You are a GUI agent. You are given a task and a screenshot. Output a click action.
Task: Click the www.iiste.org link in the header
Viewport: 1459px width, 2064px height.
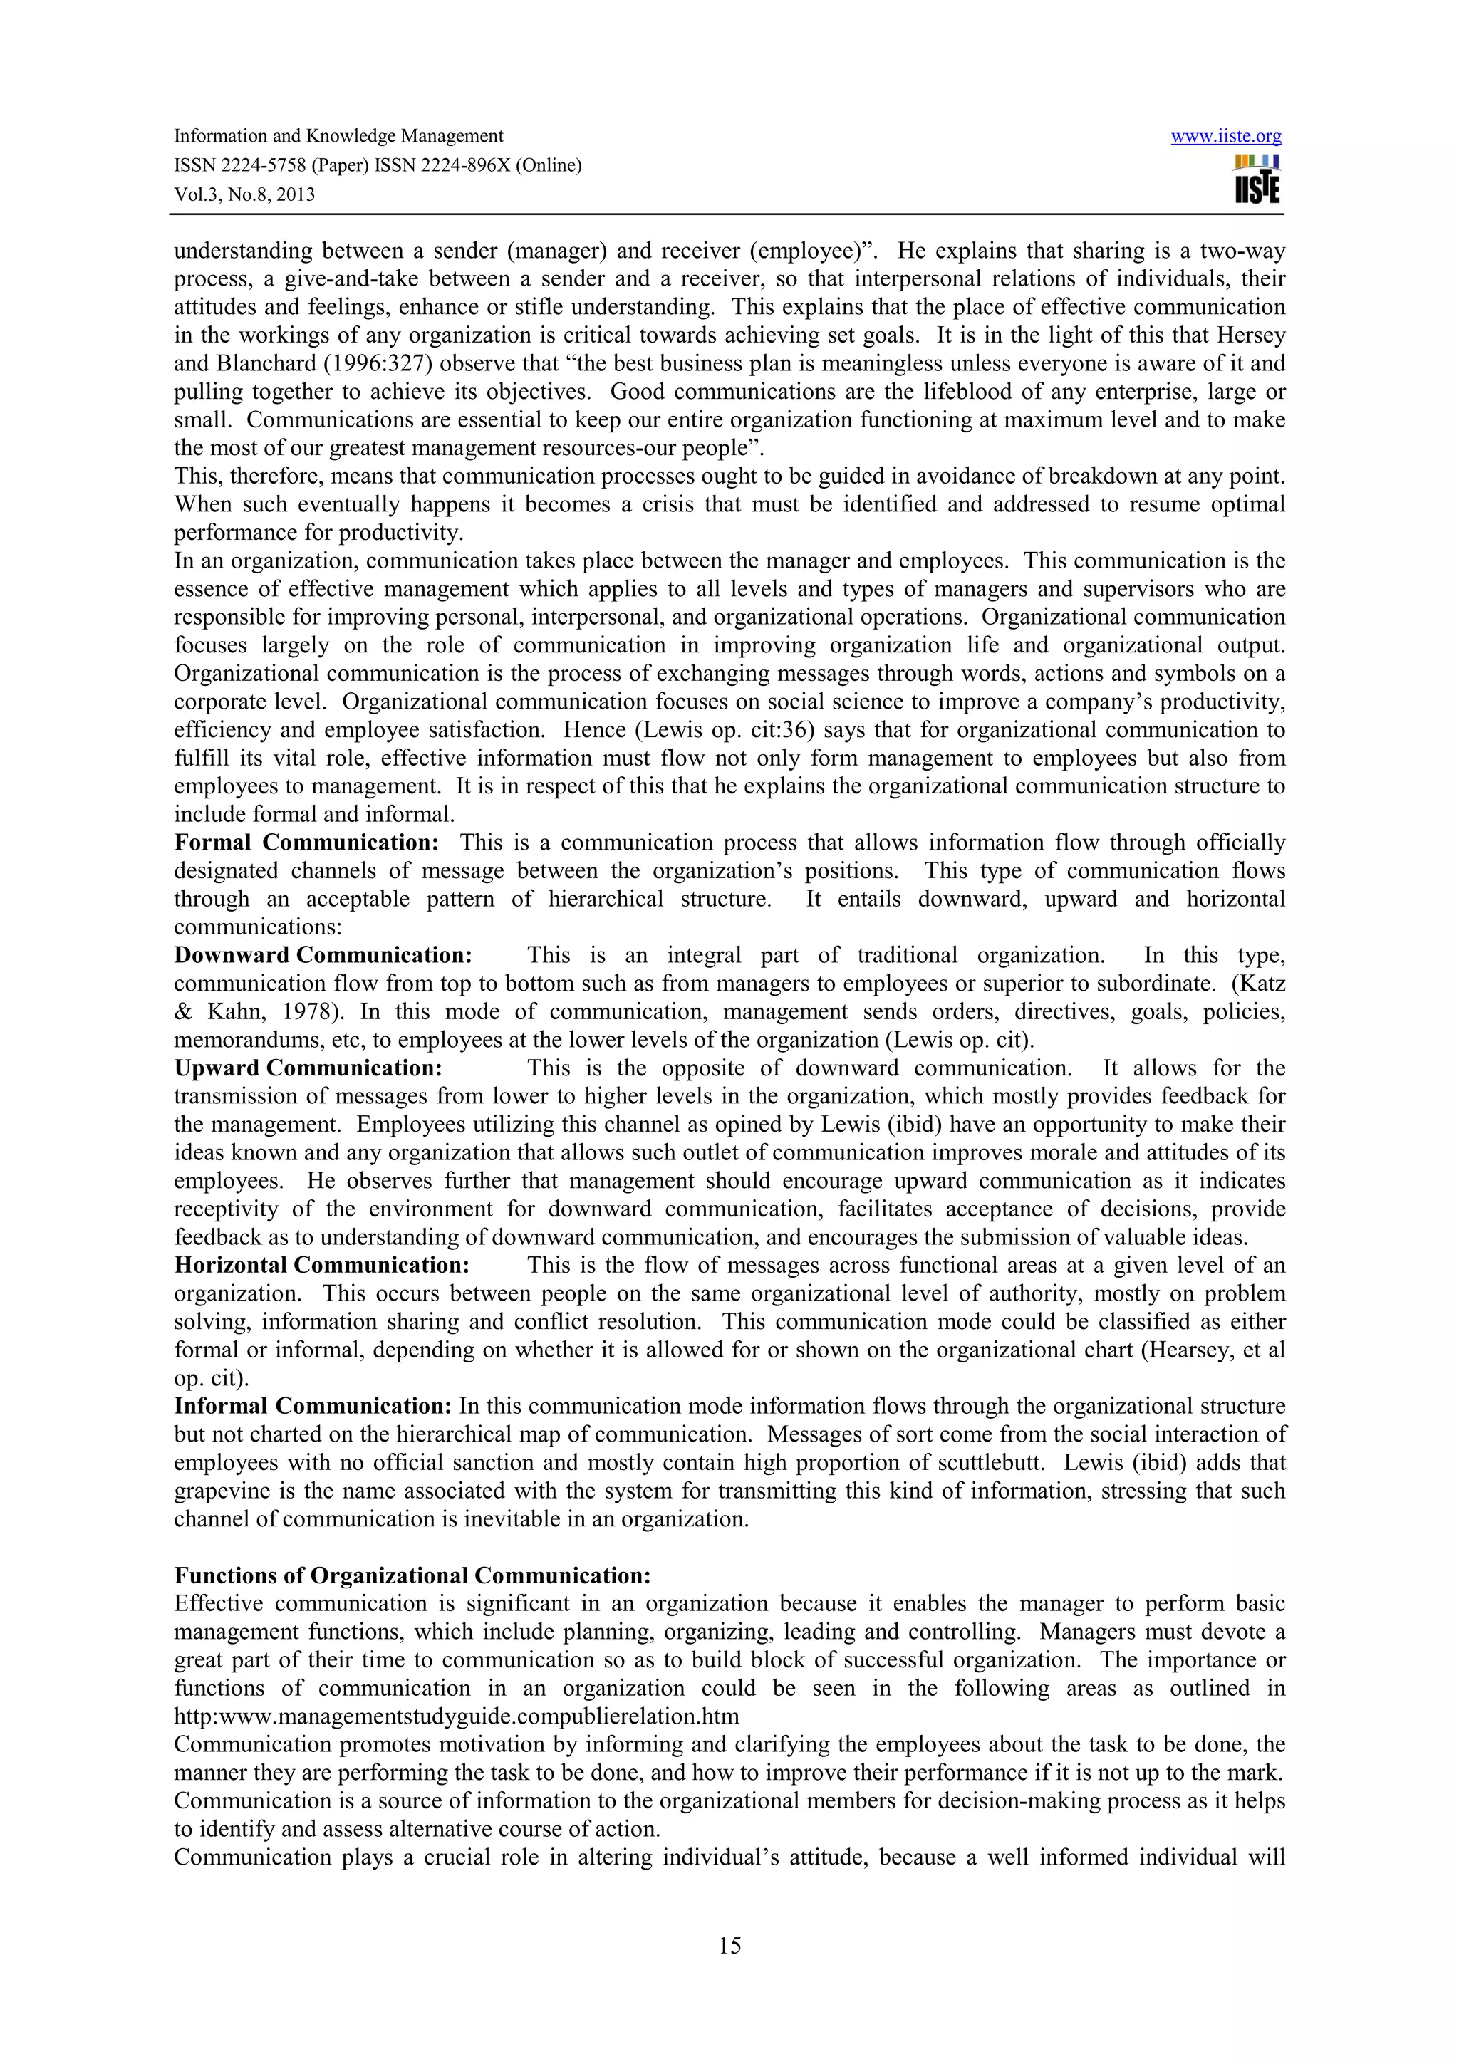coord(1225,137)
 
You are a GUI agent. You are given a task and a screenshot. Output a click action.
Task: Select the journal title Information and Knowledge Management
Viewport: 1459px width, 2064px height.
coord(338,137)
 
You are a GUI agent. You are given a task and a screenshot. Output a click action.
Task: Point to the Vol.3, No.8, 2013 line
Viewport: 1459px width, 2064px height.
coord(244,195)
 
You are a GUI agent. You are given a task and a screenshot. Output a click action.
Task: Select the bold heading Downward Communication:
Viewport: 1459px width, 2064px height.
coord(323,956)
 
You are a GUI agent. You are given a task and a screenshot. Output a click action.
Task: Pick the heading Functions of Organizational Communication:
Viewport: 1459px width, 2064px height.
coord(412,1576)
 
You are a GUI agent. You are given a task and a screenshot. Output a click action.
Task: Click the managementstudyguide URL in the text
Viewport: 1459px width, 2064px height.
coord(456,1717)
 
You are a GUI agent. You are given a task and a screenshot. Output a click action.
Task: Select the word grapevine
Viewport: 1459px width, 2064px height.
coord(213,1491)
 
